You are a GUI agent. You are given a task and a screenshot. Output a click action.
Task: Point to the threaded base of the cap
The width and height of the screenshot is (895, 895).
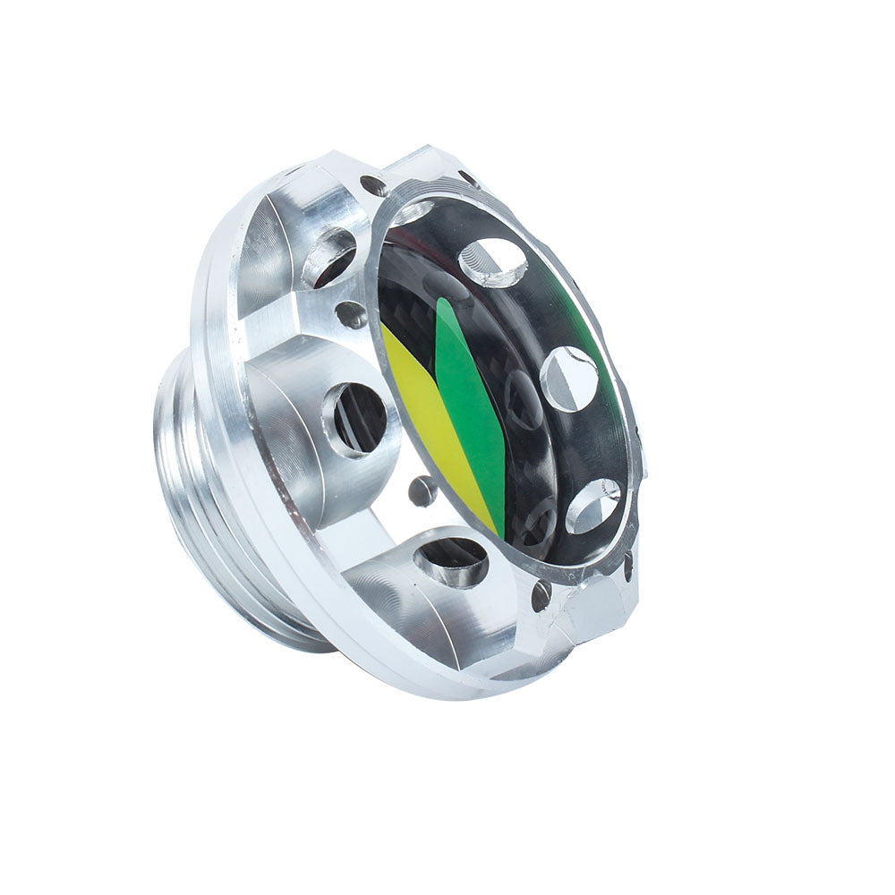point(192,501)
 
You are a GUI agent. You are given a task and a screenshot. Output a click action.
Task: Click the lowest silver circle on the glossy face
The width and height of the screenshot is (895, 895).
point(592,506)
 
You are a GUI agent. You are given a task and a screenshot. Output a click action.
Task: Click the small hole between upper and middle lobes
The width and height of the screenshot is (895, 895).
point(352,314)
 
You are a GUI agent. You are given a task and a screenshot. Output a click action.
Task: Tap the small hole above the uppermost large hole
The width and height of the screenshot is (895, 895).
point(374,186)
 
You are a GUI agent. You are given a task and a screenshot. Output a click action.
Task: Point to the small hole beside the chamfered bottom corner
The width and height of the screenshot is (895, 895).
point(541,595)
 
